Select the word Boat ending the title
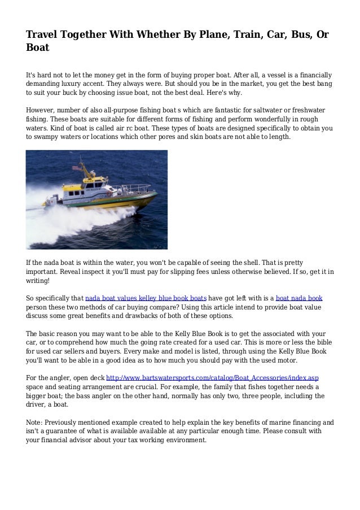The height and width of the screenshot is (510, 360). (x=38, y=48)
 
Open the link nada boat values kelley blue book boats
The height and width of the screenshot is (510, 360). (x=146, y=297)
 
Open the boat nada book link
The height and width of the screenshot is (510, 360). (x=299, y=297)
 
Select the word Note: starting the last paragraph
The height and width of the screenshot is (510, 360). (x=36, y=422)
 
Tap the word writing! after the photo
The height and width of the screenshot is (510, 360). (x=38, y=281)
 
